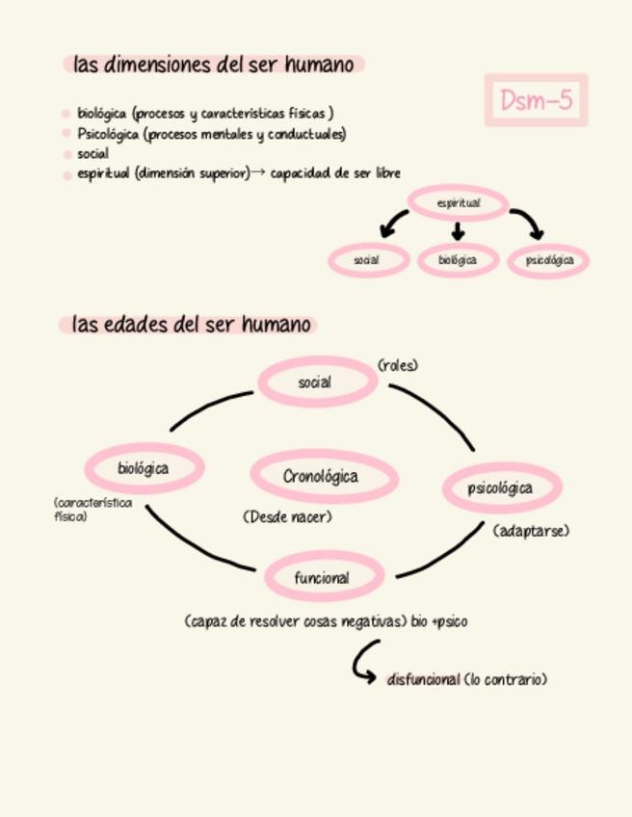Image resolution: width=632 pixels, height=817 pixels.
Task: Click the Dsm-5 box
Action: click(536, 100)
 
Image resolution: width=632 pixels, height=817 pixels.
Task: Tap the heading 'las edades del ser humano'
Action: click(190, 325)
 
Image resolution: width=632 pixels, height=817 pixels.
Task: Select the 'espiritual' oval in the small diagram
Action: click(458, 203)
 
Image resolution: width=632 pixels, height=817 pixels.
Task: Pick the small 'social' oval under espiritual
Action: click(367, 260)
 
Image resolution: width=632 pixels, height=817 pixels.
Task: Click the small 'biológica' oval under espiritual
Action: click(458, 260)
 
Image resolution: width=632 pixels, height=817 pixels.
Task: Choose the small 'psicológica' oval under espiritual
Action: click(548, 260)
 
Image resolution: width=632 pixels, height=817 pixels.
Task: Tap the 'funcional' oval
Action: click(323, 578)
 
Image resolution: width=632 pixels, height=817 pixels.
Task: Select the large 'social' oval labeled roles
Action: click(316, 382)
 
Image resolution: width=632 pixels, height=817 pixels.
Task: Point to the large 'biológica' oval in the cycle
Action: click(145, 469)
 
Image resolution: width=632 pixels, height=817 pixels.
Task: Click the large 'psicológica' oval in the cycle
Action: click(501, 488)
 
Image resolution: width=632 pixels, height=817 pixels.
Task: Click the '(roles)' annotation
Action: click(398, 365)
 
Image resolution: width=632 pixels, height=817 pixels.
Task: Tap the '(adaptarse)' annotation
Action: click(531, 531)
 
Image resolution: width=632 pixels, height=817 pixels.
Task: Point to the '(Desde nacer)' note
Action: click(287, 517)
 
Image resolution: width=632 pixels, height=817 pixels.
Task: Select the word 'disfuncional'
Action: click(423, 679)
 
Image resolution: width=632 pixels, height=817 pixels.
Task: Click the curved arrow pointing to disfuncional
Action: click(364, 663)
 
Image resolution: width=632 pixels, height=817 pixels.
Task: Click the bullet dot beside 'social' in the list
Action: click(66, 154)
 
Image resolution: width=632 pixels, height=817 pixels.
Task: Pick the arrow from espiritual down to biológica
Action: click(458, 231)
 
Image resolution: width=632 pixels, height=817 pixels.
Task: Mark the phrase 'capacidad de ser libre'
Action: click(335, 173)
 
